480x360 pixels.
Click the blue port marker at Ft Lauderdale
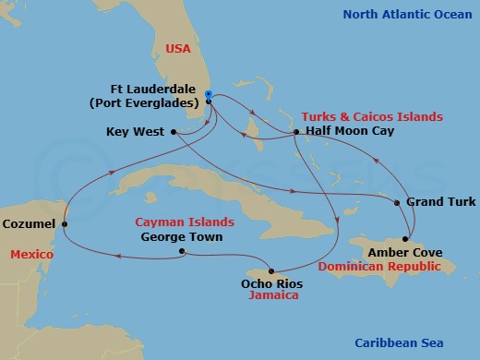[210, 94]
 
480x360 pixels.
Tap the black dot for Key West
[174, 132]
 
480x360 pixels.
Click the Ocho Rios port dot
[270, 270]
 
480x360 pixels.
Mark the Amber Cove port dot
[404, 238]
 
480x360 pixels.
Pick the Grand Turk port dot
[397, 202]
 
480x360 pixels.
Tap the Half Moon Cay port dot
[295, 132]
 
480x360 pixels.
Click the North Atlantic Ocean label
[406, 15]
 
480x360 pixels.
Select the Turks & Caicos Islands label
[371, 117]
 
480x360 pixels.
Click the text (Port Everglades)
[148, 102]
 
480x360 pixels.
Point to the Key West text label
[136, 132]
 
